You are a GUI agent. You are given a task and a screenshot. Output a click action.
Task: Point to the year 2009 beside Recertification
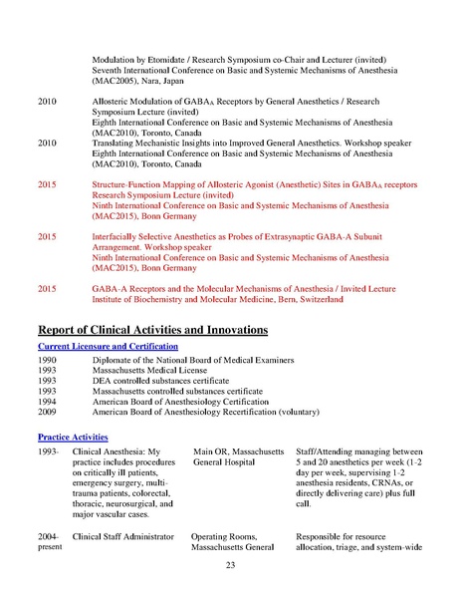click(x=47, y=410)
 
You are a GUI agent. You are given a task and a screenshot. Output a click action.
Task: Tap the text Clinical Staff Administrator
click(x=123, y=536)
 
